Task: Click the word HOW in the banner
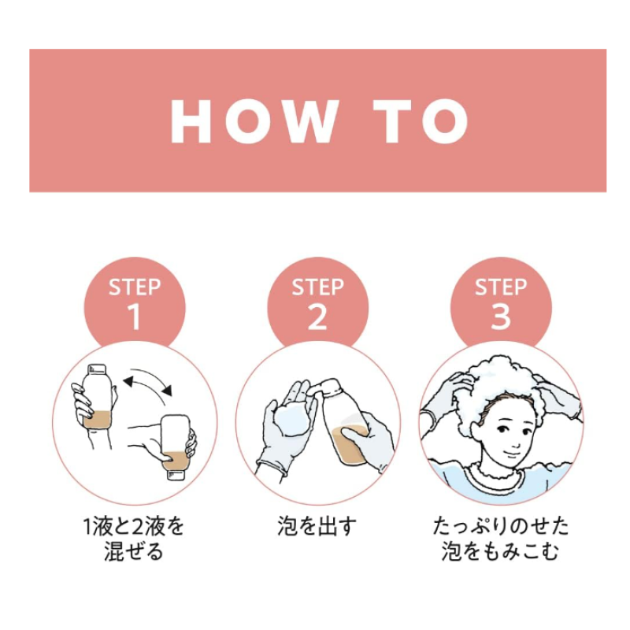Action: click(254, 121)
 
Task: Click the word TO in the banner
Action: click(421, 121)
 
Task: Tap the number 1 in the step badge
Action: click(135, 317)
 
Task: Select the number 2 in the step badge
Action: click(317, 317)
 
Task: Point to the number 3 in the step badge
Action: click(501, 317)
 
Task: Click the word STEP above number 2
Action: click(318, 287)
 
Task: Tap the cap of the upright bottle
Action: click(97, 369)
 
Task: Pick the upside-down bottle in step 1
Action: click(175, 447)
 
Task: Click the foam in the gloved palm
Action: click(291, 419)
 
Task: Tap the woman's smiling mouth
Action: click(511, 454)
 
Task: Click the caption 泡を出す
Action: click(317, 526)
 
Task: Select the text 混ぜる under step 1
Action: click(134, 550)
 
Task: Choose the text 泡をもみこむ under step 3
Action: click(500, 550)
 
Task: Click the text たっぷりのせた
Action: click(501, 526)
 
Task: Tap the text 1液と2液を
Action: click(134, 526)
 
